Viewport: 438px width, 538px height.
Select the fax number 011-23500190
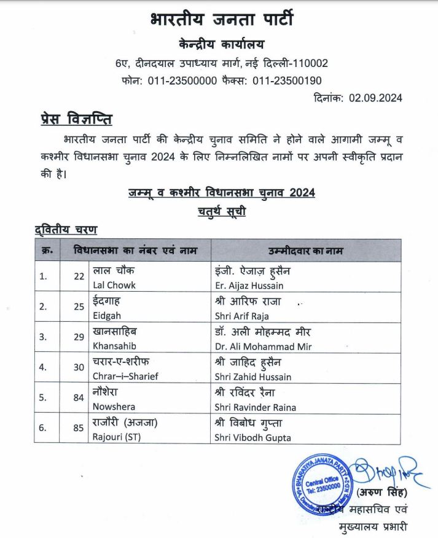[287, 80]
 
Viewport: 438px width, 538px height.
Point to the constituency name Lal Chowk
[114, 285]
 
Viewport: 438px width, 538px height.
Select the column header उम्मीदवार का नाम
[306, 251]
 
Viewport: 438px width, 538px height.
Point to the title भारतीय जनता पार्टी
[221, 20]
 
